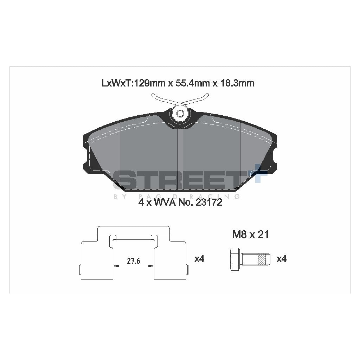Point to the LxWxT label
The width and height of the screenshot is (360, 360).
click(x=116, y=83)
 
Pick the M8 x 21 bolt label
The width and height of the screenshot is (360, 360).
click(x=250, y=234)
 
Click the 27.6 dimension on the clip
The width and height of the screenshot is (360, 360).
click(x=134, y=261)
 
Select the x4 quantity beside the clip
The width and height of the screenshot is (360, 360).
click(x=199, y=259)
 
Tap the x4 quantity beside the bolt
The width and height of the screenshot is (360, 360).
click(x=282, y=259)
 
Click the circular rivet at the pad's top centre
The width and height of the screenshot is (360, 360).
click(x=180, y=113)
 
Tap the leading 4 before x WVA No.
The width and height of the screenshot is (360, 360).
click(x=141, y=203)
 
